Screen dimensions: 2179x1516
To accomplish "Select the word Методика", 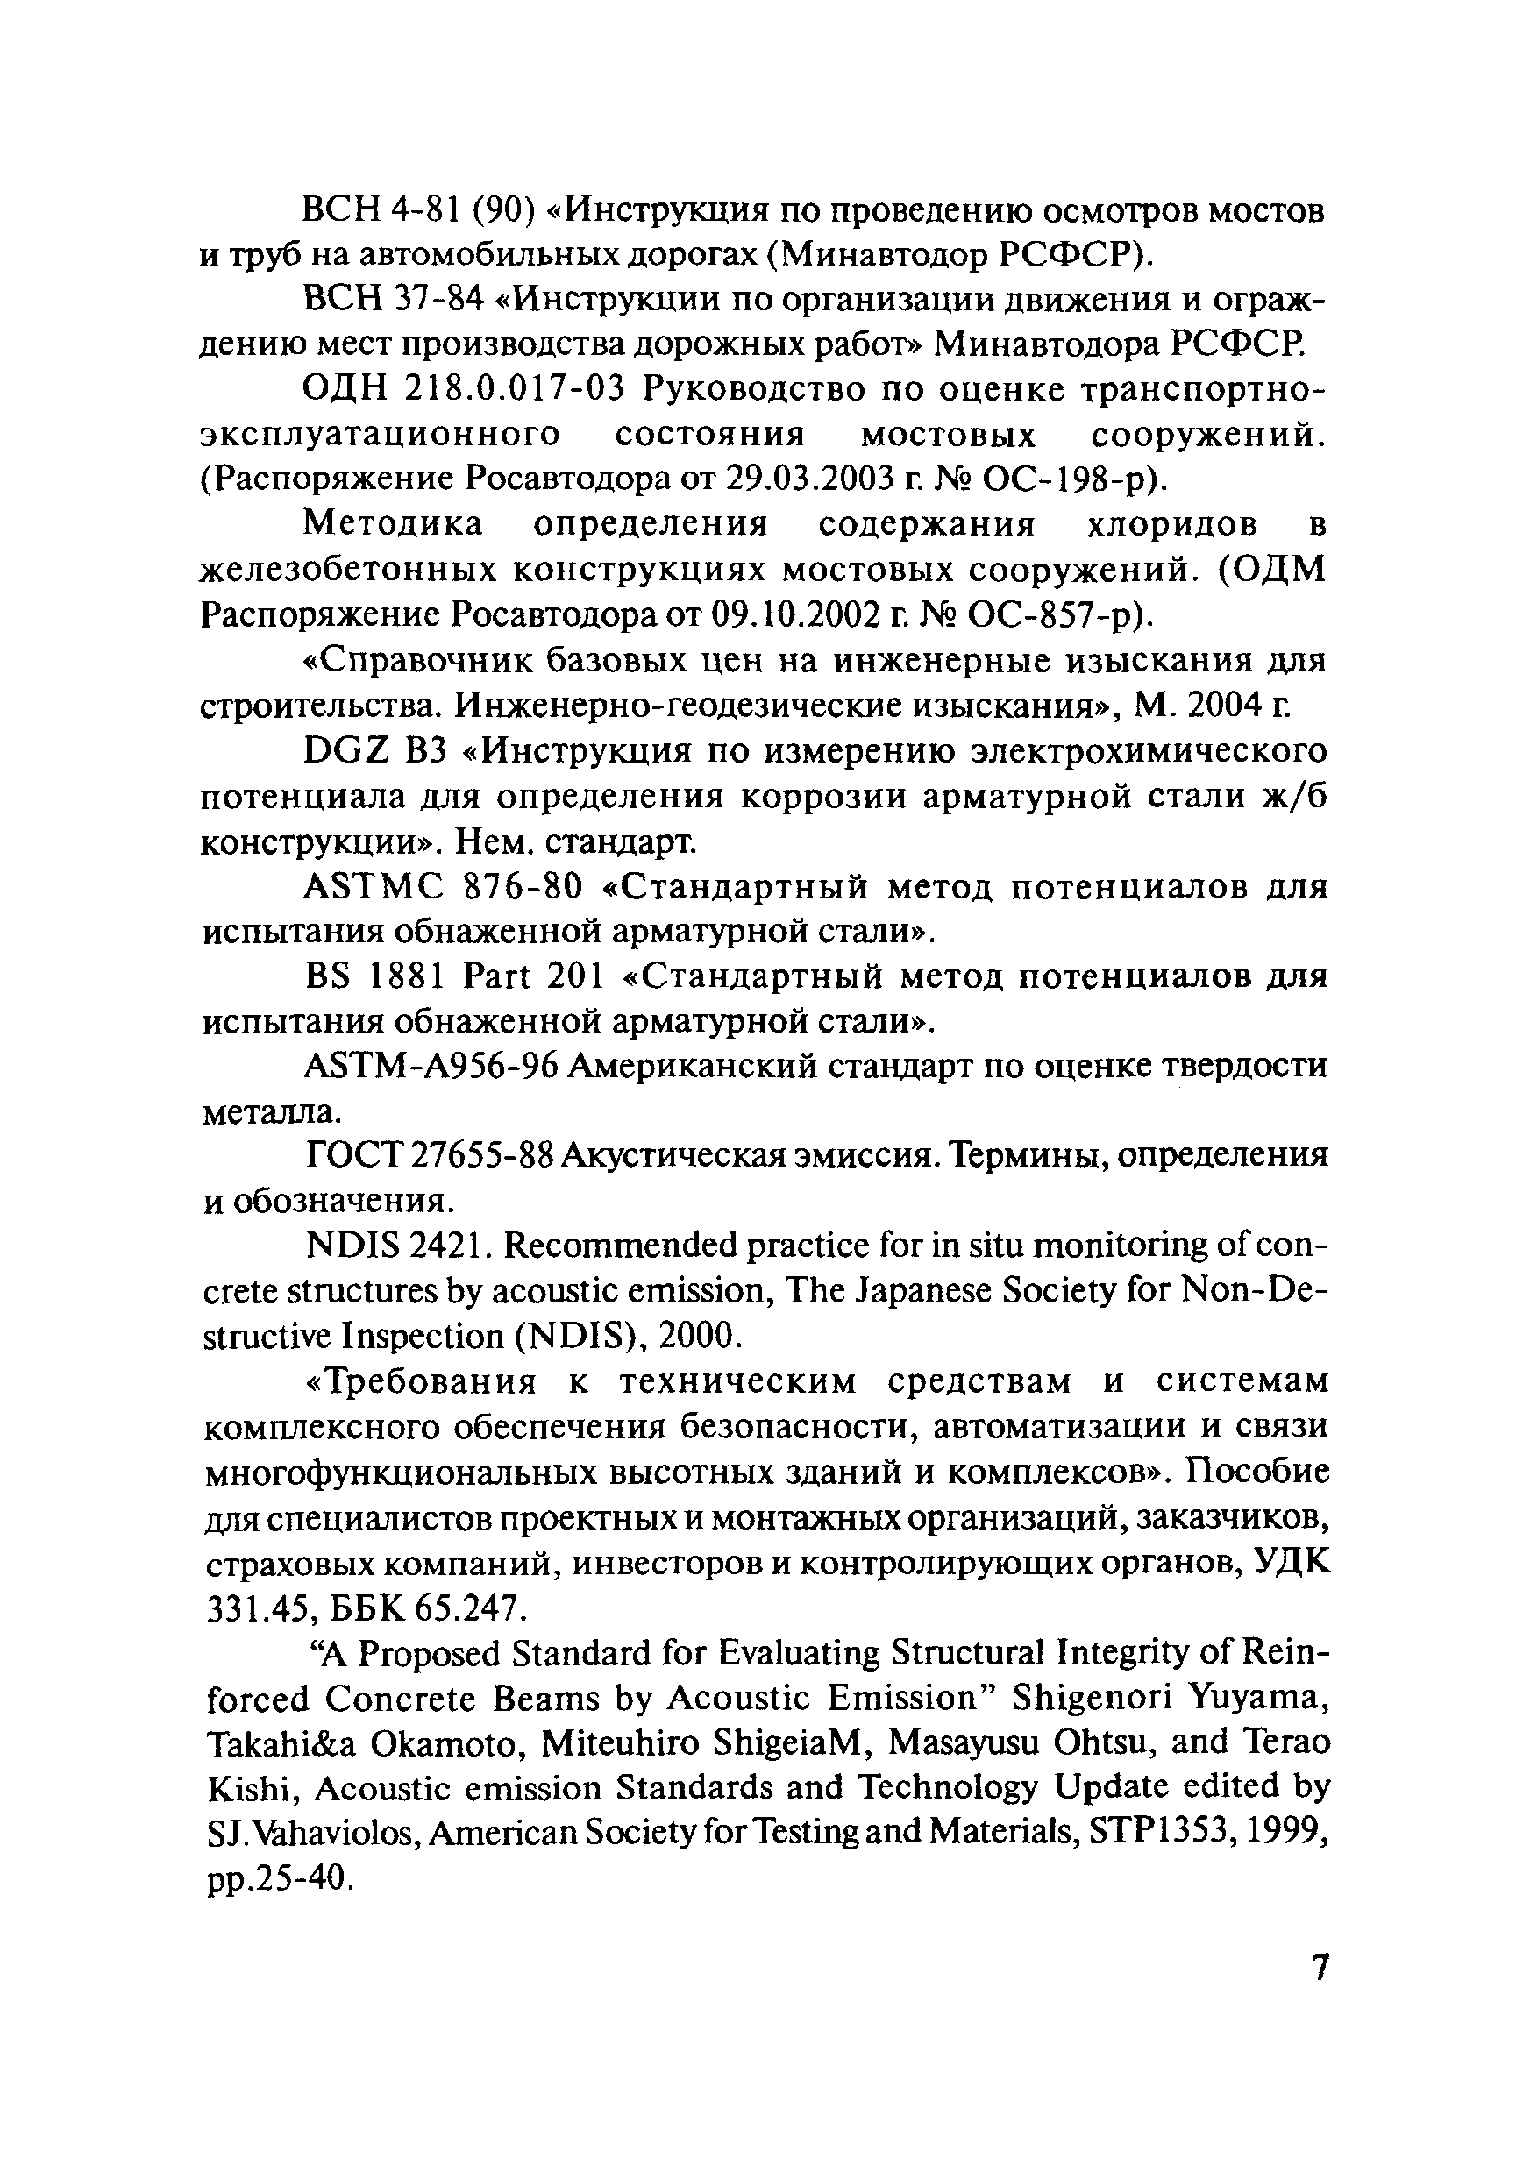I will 393,524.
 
